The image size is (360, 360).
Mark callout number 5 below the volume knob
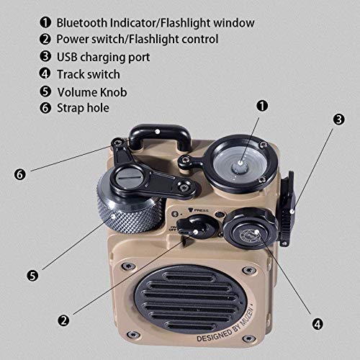32,274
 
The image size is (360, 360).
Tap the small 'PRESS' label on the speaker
201,212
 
